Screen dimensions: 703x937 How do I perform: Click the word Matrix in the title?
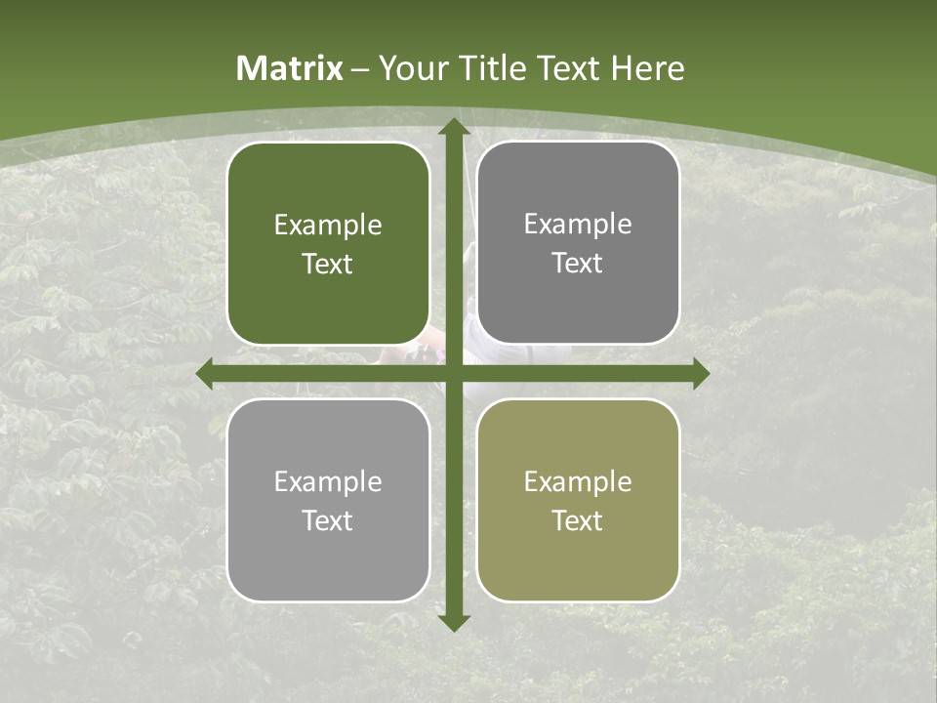290,68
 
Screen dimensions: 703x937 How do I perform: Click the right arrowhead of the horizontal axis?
701,374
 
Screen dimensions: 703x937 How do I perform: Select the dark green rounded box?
328,243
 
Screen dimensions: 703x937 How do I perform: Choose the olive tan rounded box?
578,500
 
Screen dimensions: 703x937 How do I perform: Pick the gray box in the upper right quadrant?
578,243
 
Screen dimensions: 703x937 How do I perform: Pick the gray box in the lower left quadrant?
328,500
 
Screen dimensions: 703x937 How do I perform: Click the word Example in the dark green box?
328,226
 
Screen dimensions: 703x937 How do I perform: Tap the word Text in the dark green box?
328,264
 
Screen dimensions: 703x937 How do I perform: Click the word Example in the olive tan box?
578,481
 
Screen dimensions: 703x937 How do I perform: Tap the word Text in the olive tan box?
578,520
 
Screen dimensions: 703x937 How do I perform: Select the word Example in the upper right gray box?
578,225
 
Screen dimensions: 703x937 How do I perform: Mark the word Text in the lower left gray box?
328,520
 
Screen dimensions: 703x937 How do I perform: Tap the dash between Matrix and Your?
361,69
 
